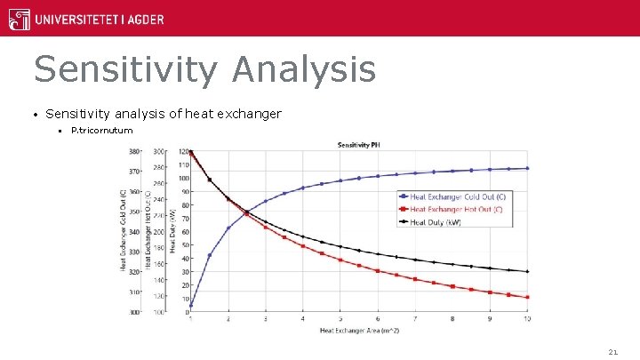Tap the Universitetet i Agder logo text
[98, 19]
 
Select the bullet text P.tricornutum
[101, 131]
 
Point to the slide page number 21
[612, 352]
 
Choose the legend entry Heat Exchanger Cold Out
[455, 196]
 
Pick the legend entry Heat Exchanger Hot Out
[453, 209]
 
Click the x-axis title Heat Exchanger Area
[360, 332]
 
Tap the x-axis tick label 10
[528, 319]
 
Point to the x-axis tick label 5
[340, 319]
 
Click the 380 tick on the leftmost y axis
[134, 152]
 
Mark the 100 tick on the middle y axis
[158, 313]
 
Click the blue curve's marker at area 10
[528, 168]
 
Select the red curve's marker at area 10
[528, 297]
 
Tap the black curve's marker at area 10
[528, 271]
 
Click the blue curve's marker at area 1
[191, 305]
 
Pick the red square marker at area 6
[378, 270]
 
